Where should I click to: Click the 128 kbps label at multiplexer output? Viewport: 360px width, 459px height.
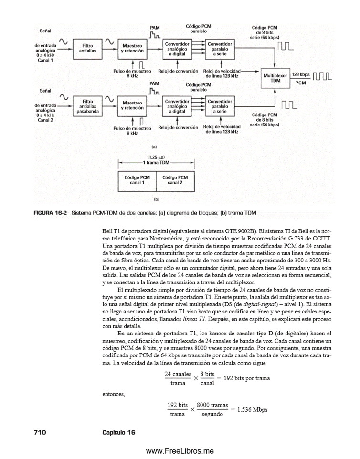pyautogui.click(x=301, y=75)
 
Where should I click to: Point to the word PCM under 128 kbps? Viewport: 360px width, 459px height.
pyautogui.click(x=301, y=83)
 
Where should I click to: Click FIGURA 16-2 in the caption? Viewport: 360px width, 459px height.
pyautogui.click(x=50, y=212)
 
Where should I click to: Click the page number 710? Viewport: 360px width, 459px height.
pyautogui.click(x=39, y=432)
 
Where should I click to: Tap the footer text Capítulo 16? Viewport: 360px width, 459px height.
pyautogui.click(x=119, y=432)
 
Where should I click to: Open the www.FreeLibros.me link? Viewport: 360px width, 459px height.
pyautogui.click(x=180, y=451)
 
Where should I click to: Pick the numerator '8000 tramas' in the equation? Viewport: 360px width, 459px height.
pyautogui.click(x=212, y=405)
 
